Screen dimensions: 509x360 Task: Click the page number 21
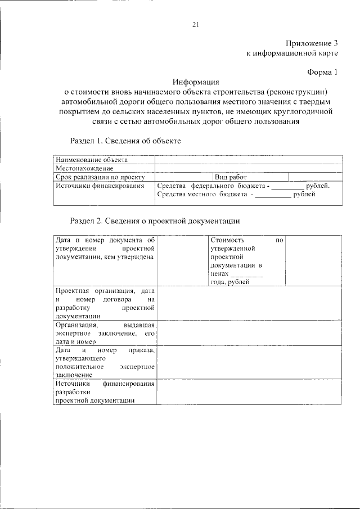pos(196,24)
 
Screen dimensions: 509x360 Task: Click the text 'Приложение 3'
pos(311,43)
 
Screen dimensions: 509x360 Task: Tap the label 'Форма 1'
pos(323,71)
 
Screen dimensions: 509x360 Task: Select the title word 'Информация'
pos(195,82)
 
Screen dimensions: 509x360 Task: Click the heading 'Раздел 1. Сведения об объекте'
pos(125,140)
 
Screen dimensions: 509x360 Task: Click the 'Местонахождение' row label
pos(84,168)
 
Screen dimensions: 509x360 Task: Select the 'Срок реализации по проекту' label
pos(101,177)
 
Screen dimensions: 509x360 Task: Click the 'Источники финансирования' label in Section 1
pos(100,185)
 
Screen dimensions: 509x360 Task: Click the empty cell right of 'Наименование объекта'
pos(247,160)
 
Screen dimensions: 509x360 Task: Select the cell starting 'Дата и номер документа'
pos(105,249)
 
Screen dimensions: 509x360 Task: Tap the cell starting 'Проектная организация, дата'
pos(105,303)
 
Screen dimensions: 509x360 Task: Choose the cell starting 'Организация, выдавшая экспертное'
pos(105,332)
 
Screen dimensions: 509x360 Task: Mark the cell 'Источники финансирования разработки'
pos(105,391)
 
